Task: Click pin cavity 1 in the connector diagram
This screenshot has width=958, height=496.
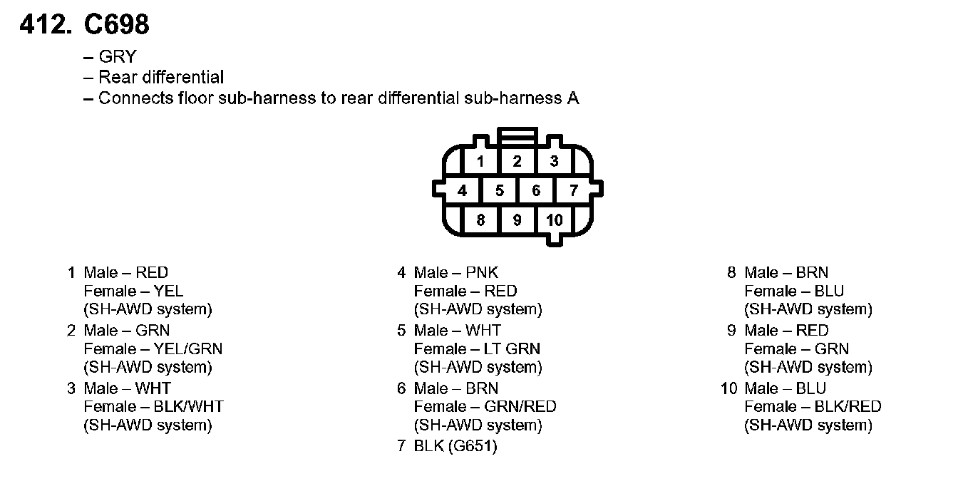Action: (x=480, y=161)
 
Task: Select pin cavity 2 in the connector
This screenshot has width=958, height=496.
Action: (x=517, y=161)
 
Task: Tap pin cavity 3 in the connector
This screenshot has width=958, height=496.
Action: (x=555, y=161)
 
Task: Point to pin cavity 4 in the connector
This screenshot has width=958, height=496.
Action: (x=463, y=190)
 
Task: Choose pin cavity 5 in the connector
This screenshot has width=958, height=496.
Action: (x=500, y=190)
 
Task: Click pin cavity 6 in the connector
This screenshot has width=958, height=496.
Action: (x=536, y=190)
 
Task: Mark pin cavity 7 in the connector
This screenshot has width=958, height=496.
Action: (x=573, y=190)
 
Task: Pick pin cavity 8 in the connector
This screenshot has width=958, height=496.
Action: (x=480, y=219)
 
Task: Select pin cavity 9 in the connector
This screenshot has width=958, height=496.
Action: (x=517, y=219)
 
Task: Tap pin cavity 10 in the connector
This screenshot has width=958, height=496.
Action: (x=555, y=219)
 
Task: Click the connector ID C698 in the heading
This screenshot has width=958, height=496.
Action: (x=117, y=26)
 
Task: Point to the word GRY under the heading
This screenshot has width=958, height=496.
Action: (x=117, y=57)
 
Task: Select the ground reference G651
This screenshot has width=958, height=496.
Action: (x=473, y=447)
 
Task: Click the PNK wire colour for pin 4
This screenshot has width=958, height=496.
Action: (x=483, y=272)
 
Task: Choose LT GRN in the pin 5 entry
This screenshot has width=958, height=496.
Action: (x=512, y=348)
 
